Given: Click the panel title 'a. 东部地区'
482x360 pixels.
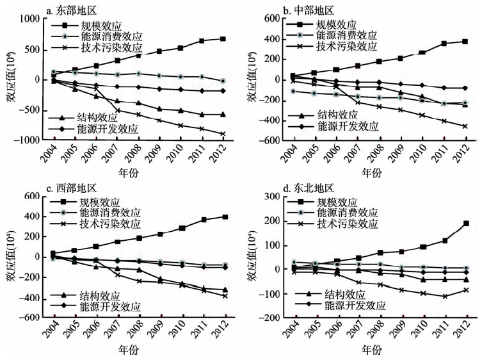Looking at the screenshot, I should click(x=70, y=10).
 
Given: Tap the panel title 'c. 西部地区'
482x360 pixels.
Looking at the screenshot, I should click(x=70, y=188).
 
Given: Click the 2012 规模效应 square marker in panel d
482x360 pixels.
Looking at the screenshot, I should click(x=465, y=224).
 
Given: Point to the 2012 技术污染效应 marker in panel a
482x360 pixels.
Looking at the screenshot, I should click(x=223, y=134).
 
